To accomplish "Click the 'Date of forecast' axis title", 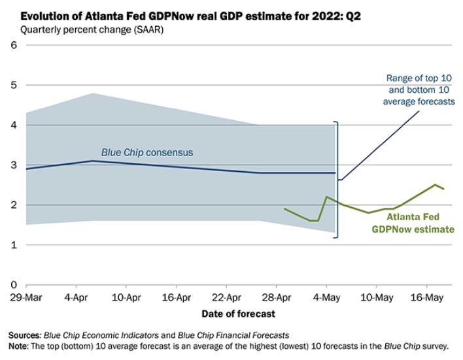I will point(238,314).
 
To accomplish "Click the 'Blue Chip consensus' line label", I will point(147,152).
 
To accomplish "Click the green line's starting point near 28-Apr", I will point(284,208).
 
